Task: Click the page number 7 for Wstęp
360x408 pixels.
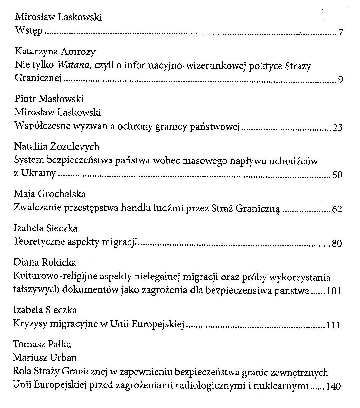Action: (341, 33)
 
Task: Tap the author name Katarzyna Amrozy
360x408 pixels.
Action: (55, 52)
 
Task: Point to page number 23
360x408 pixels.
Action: (337, 127)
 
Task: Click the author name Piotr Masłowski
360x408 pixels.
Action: (49, 98)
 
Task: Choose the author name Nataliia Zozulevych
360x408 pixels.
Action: (57, 147)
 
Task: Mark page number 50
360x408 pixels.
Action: (337, 175)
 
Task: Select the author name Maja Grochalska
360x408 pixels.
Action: (50, 194)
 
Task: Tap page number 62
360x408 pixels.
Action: (337, 209)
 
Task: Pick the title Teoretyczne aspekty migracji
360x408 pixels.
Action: (76, 242)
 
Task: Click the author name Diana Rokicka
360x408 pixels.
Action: (45, 262)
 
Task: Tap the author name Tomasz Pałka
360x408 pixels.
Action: (42, 344)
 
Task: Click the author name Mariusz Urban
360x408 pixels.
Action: (45, 357)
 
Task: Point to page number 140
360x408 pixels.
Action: (334, 386)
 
